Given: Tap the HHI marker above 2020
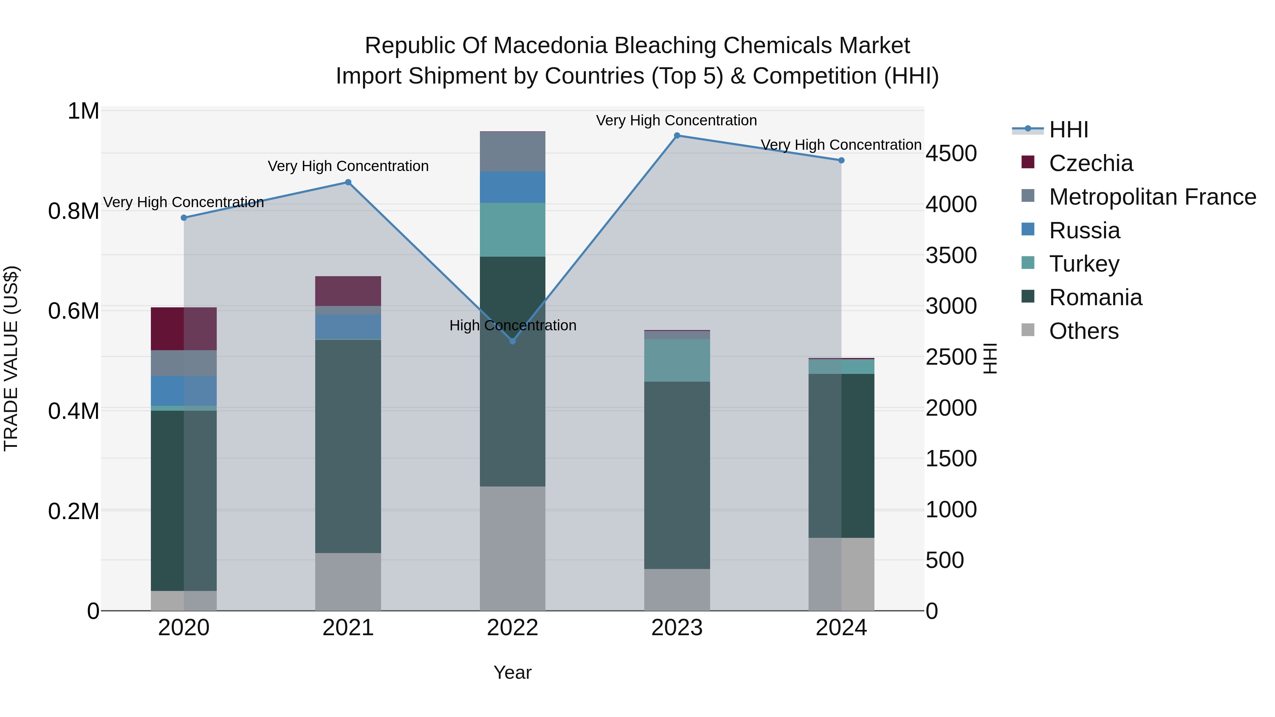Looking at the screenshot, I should click(x=183, y=218).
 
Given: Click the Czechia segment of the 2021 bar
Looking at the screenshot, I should click(x=348, y=291).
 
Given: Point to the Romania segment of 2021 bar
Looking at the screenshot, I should click(x=348, y=445).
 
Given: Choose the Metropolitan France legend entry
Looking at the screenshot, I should click(x=1152, y=197).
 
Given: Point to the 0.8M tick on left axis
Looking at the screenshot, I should click(x=74, y=211).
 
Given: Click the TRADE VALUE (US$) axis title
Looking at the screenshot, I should click(x=11, y=358).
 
